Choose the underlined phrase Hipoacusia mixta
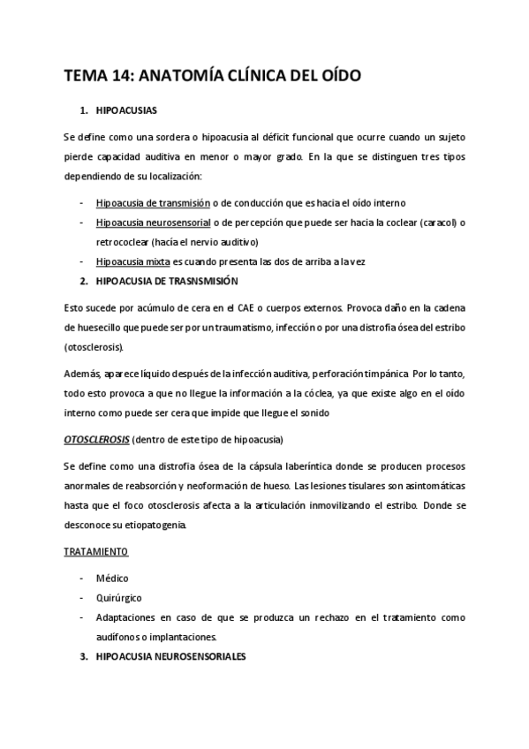coord(133,261)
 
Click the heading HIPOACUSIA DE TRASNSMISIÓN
coord(166,282)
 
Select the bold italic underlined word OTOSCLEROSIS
coord(96,439)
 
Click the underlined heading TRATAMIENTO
coord(96,552)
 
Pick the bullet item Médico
coord(113,579)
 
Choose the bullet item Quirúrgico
coord(117,598)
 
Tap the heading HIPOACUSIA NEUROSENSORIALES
coord(171,658)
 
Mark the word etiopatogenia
coord(155,525)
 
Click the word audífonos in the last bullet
coord(119,638)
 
